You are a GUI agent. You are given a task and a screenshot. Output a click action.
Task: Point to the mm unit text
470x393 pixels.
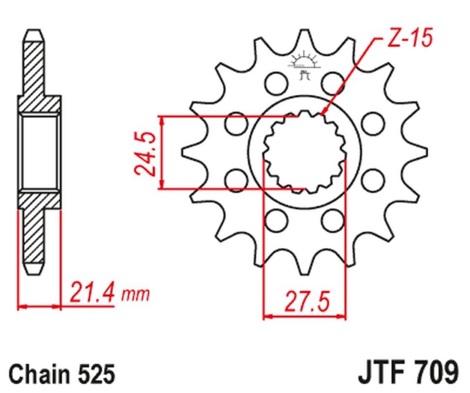(136, 293)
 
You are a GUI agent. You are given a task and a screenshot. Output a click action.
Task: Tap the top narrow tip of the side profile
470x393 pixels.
(33, 32)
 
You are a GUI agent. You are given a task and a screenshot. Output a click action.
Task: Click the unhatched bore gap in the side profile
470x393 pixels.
(41, 152)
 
